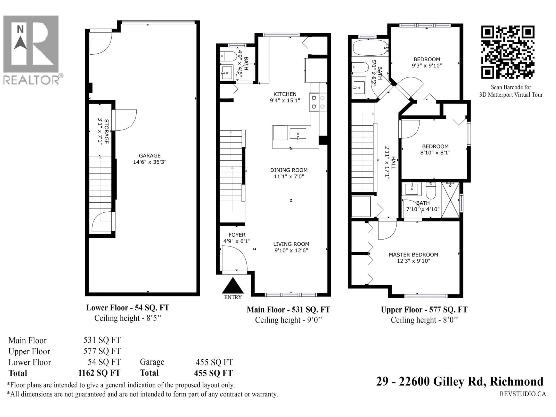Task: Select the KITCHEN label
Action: pos(285,94)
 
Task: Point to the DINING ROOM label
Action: pos(289,170)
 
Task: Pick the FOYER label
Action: pos(237,235)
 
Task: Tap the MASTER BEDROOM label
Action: pos(414,255)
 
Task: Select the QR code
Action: pos(508,52)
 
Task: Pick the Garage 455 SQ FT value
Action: pos(214,362)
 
